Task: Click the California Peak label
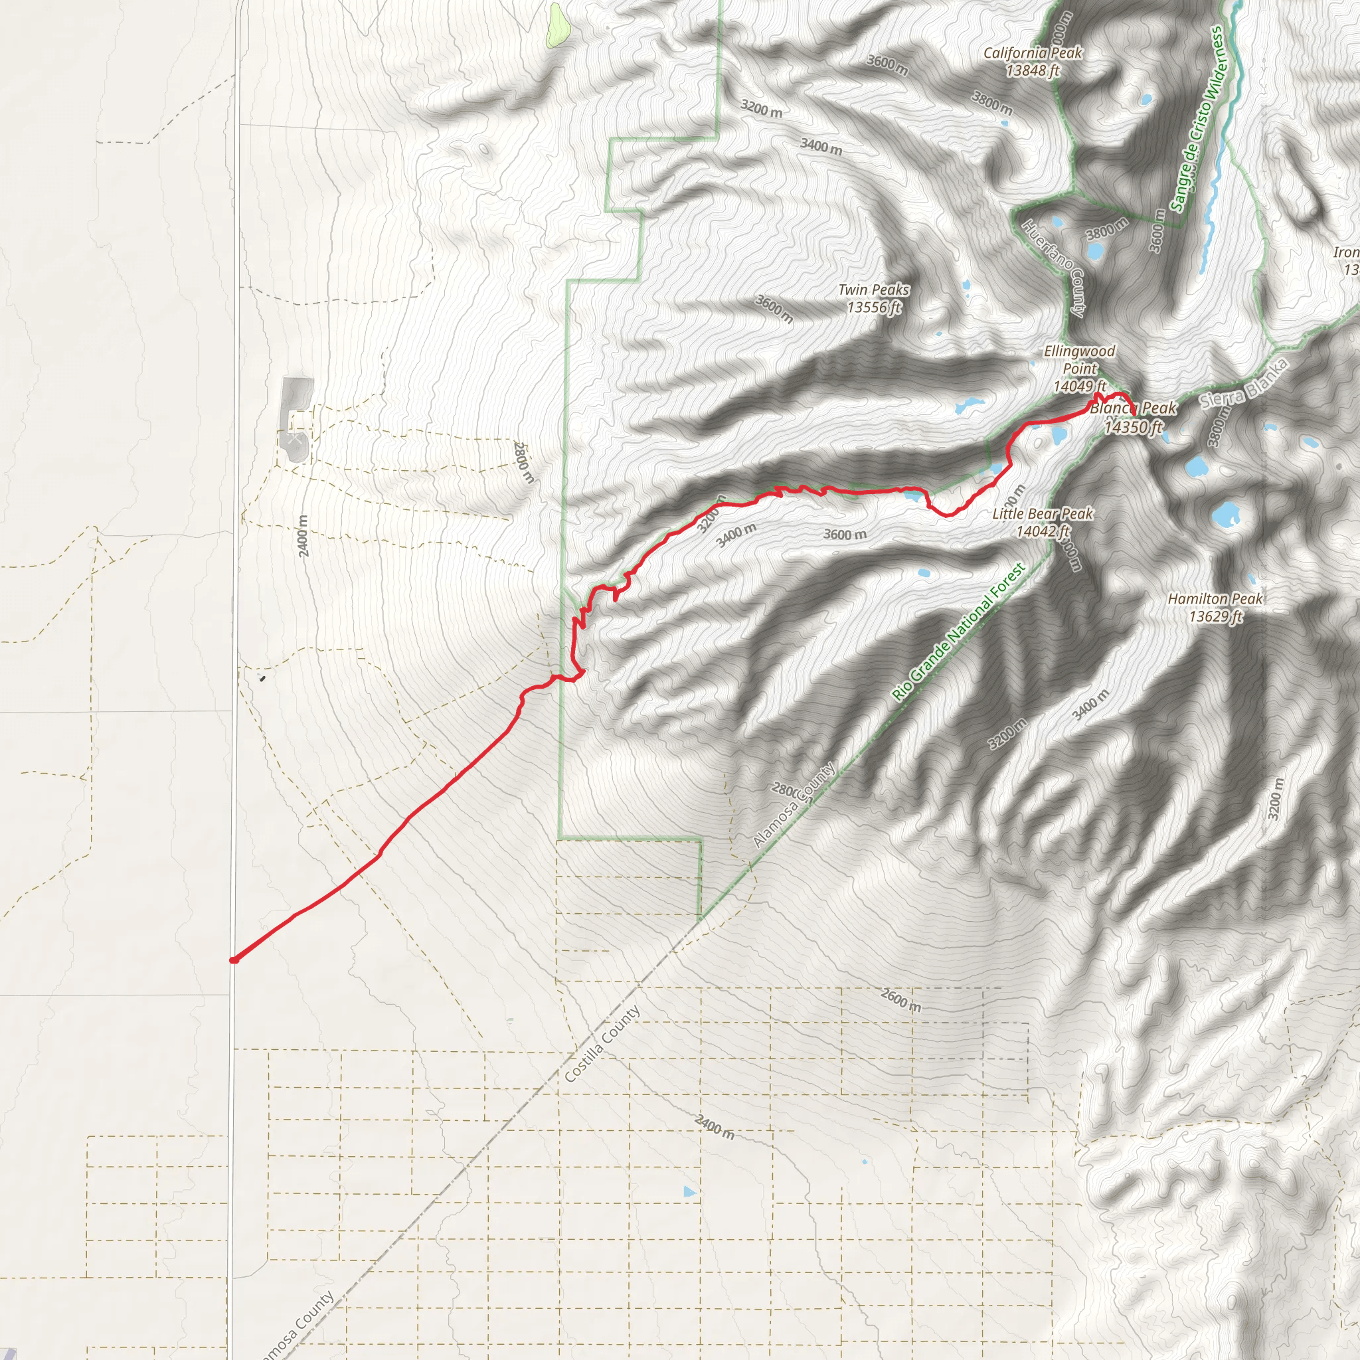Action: [x=1032, y=61]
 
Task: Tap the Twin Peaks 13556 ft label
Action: [x=874, y=298]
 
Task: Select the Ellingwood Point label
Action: [x=1079, y=368]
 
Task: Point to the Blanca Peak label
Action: [x=1134, y=417]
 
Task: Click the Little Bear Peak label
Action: [x=1042, y=523]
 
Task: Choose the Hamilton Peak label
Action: [x=1215, y=608]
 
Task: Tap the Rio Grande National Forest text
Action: [x=958, y=633]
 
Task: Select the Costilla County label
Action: [x=602, y=1043]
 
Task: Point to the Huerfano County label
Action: [x=1053, y=267]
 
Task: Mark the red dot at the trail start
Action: [x=234, y=960]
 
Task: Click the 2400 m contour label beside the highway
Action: [x=303, y=536]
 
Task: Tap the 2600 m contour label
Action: [x=901, y=999]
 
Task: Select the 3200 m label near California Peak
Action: [x=761, y=108]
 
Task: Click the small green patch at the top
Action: [x=555, y=25]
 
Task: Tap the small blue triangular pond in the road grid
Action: [x=689, y=1191]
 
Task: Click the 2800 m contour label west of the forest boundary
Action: [x=525, y=462]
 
